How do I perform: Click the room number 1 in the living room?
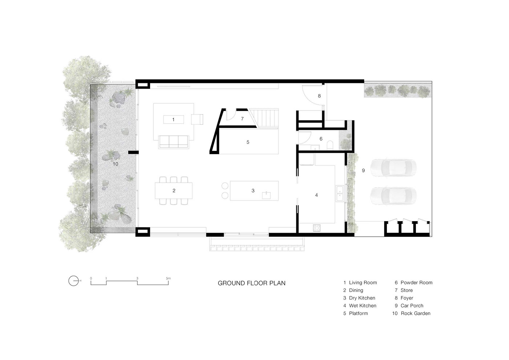point(173,120)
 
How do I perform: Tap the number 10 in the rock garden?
point(116,164)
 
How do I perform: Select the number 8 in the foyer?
point(319,96)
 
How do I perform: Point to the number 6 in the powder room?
point(321,139)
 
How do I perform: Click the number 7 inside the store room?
point(243,119)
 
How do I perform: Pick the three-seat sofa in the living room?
point(174,142)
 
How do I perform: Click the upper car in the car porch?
point(393,168)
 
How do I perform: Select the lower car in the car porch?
point(393,196)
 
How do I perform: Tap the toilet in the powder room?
point(330,145)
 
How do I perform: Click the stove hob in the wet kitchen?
point(317,228)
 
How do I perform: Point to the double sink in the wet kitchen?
point(340,193)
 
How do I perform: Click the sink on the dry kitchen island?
point(266,195)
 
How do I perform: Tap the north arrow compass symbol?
point(73,281)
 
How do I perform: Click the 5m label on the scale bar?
point(168,278)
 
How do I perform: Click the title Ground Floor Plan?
point(252,283)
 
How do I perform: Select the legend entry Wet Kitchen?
point(360,306)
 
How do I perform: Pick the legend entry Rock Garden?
point(411,313)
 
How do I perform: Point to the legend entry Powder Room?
point(414,283)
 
